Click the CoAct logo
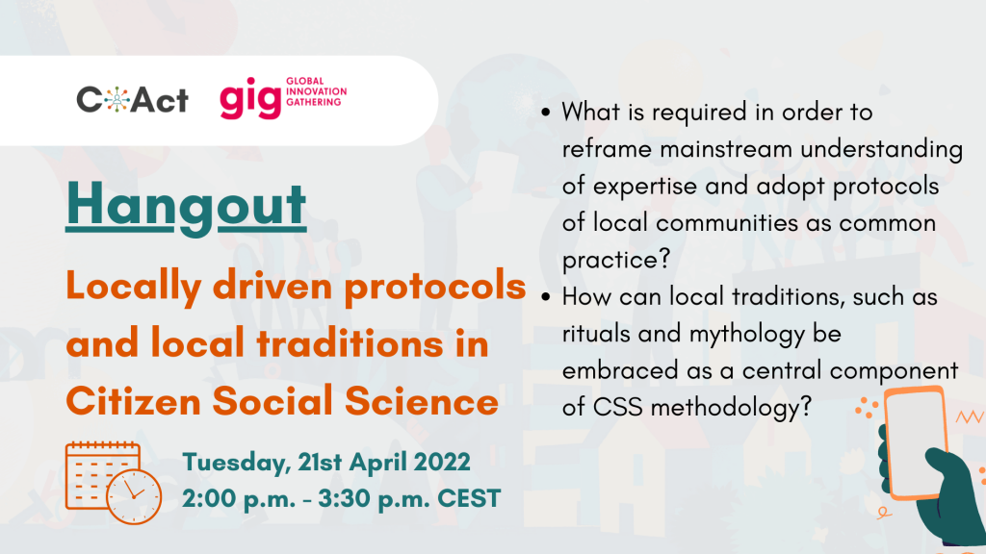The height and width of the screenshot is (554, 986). [132, 100]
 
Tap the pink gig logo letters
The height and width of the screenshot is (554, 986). [250, 98]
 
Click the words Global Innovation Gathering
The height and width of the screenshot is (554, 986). [316, 91]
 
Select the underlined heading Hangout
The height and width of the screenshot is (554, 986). [186, 206]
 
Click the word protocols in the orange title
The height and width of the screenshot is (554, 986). [435, 286]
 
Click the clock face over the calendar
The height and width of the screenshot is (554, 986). [134, 496]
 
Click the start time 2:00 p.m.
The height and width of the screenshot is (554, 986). [239, 499]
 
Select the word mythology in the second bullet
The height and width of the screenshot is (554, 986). [747, 335]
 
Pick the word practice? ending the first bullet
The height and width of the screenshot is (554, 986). [616, 261]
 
